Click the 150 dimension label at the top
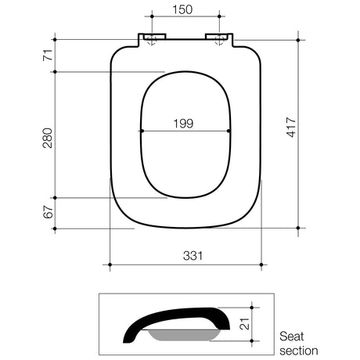pos(182,9)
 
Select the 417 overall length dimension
pos(291,128)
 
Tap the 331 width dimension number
pos(193,256)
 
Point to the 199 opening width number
pos(183,124)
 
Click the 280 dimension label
pos(48,138)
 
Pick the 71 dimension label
pos(48,55)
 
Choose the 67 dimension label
pos(48,211)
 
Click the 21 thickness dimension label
pos(244,324)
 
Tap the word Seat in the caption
pos(292,337)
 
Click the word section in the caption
pos(299,351)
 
